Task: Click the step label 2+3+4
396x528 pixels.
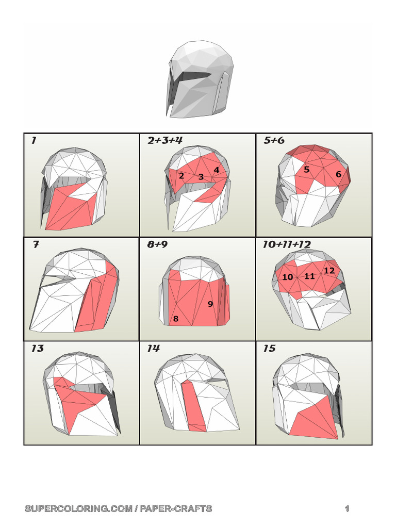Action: pyautogui.click(x=165, y=140)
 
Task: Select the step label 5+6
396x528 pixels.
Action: pyautogui.click(x=274, y=140)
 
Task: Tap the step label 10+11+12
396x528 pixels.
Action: pyautogui.click(x=287, y=244)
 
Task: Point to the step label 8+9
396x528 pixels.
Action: pyautogui.click(x=157, y=244)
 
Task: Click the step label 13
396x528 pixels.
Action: pyautogui.click(x=37, y=348)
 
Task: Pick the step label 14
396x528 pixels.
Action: pyautogui.click(x=153, y=348)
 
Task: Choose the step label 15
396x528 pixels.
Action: pyautogui.click(x=269, y=348)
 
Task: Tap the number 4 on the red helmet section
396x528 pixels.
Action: pyautogui.click(x=217, y=170)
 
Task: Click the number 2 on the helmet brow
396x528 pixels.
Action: pyautogui.click(x=181, y=175)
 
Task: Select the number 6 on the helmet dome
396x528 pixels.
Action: pyautogui.click(x=338, y=174)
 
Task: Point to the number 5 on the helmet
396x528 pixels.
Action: pyautogui.click(x=306, y=169)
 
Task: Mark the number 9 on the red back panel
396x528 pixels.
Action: pyautogui.click(x=210, y=304)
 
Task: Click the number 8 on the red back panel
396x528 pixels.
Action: pyautogui.click(x=175, y=319)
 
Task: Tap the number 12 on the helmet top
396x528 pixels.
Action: pyautogui.click(x=329, y=270)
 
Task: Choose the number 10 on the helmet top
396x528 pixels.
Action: pyautogui.click(x=288, y=277)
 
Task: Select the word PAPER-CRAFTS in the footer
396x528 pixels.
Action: pyautogui.click(x=176, y=508)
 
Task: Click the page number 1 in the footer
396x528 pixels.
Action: pyautogui.click(x=347, y=508)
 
